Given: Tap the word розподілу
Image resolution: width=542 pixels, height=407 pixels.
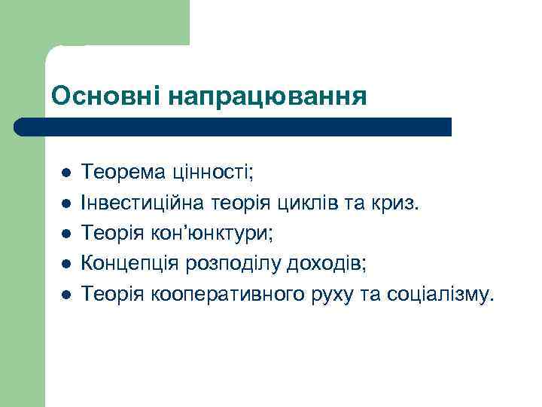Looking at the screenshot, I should coord(224,262).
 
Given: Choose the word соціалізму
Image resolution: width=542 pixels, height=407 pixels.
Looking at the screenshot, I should coord(440,291).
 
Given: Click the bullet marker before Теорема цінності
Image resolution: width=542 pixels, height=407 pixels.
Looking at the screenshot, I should coord(65,173).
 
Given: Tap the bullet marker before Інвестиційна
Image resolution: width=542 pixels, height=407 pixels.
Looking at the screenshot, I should coord(65,203).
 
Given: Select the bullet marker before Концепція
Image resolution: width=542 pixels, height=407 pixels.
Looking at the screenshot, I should coord(65,262).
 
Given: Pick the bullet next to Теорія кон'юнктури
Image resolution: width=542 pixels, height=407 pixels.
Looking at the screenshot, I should coord(65,233).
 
